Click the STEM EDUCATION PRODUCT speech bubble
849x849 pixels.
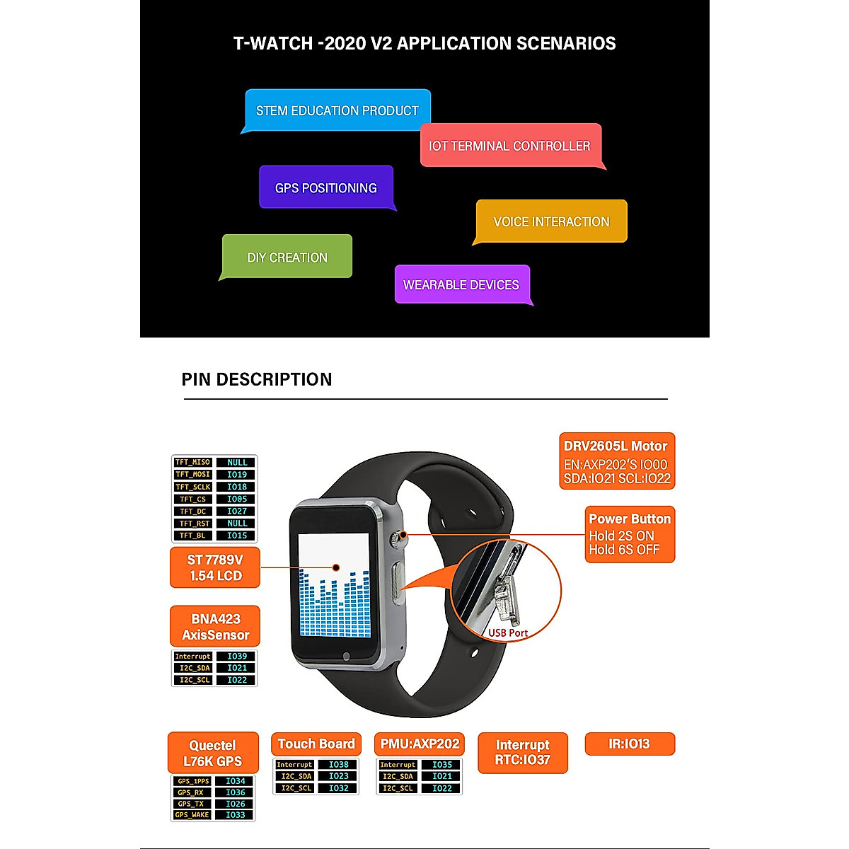pyautogui.click(x=337, y=110)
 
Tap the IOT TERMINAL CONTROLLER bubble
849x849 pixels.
pyautogui.click(x=509, y=146)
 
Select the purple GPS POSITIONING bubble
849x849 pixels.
pyautogui.click(x=325, y=187)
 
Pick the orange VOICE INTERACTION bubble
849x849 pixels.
pyautogui.click(x=551, y=221)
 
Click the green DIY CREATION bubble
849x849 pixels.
pyautogui.click(x=287, y=257)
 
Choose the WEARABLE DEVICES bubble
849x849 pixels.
pyautogui.click(x=461, y=284)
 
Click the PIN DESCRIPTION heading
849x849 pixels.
pyautogui.click(x=257, y=379)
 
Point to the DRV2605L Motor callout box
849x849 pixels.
pyautogui.click(x=616, y=461)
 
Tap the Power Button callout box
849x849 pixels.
pyautogui.click(x=629, y=534)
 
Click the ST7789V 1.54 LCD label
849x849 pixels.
pyautogui.click(x=215, y=567)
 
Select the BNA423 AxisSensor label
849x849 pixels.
pyautogui.click(x=215, y=627)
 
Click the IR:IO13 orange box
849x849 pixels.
pyautogui.click(x=629, y=744)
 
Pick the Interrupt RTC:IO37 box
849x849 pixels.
pyautogui.click(x=523, y=752)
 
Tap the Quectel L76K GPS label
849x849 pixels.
pyautogui.click(x=213, y=753)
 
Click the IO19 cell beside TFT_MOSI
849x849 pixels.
pyautogui.click(x=237, y=475)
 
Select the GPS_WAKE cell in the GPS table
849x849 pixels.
pyautogui.click(x=193, y=815)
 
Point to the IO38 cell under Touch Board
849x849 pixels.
pyautogui.click(x=339, y=765)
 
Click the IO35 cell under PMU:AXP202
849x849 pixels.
pyautogui.click(x=442, y=765)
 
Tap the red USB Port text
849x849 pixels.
pyautogui.click(x=508, y=633)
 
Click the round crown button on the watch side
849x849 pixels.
pyautogui.click(x=403, y=535)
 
